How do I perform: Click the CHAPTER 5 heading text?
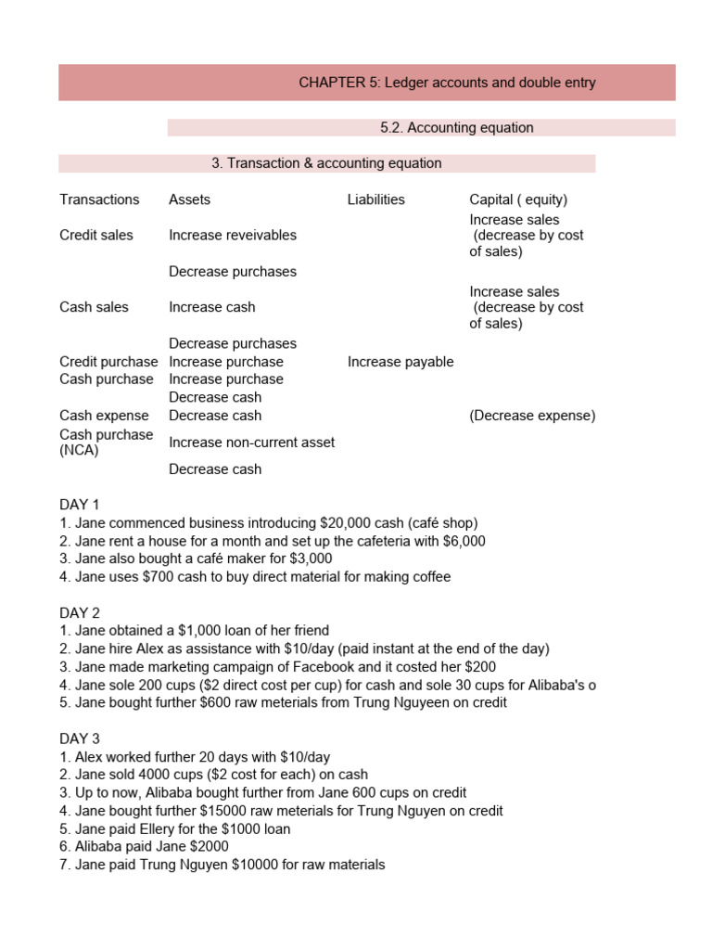click(447, 83)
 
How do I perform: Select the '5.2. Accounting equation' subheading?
click(457, 128)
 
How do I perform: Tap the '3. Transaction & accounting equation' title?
click(326, 163)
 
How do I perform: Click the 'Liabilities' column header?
click(375, 199)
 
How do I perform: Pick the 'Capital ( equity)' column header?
click(518, 199)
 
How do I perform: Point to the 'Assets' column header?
click(189, 199)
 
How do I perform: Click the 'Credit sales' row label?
click(96, 236)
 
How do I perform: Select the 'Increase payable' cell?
click(400, 362)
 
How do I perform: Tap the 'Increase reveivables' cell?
click(233, 236)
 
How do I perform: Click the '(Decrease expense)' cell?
click(532, 416)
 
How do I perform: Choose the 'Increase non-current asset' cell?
click(251, 443)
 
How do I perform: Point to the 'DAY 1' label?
click(80, 505)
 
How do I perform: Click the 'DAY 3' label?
click(80, 739)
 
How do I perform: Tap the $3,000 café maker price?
click(311, 558)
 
